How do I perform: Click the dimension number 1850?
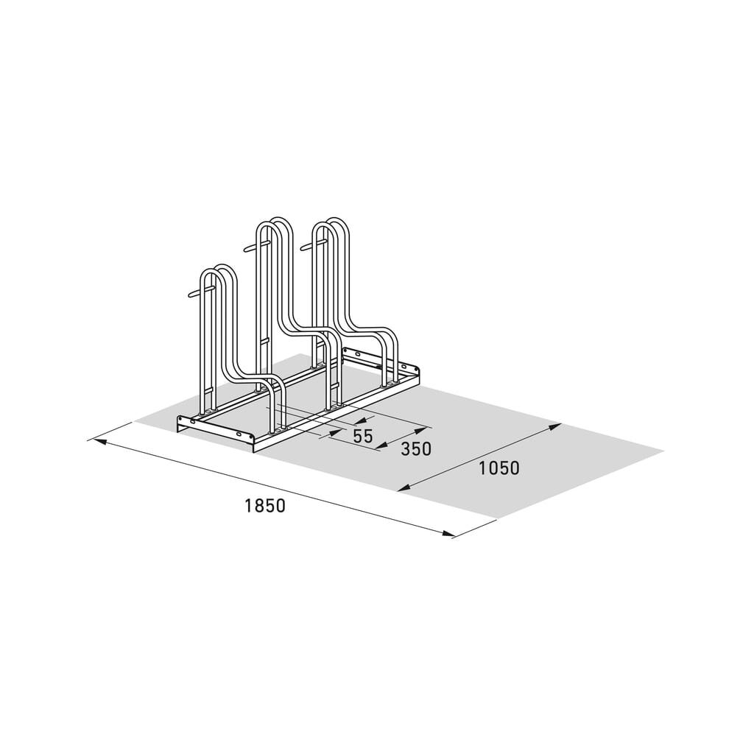(265, 505)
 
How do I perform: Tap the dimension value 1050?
(499, 468)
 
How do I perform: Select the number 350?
(416, 448)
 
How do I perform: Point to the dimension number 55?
(363, 436)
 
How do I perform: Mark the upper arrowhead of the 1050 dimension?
(554, 427)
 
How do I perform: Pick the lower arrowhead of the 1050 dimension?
(405, 487)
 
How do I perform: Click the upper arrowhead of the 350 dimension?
(419, 430)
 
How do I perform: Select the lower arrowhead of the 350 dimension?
(382, 446)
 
